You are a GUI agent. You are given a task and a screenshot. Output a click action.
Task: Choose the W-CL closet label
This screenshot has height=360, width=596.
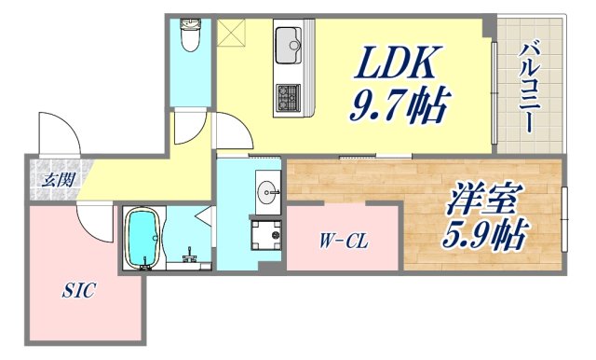coord(344,242)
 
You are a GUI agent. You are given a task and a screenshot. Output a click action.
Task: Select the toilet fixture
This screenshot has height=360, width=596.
coord(191,36)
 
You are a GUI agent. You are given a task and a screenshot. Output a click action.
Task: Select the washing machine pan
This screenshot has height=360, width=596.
coord(266,234)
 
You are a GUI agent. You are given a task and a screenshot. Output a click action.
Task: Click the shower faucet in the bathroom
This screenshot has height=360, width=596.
coord(189,252)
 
